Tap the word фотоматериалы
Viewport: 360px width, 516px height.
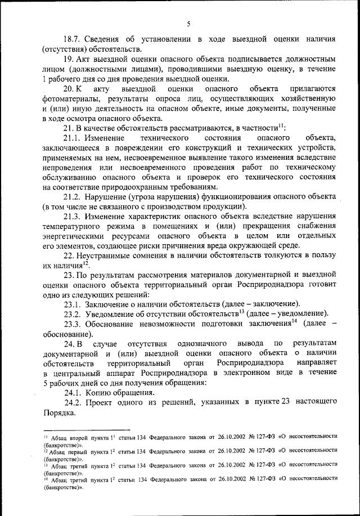pyautogui.click(x=70, y=98)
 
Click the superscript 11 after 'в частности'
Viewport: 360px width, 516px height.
pyautogui.click(x=281, y=126)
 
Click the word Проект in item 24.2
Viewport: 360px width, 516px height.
pyautogui.click(x=103, y=402)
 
